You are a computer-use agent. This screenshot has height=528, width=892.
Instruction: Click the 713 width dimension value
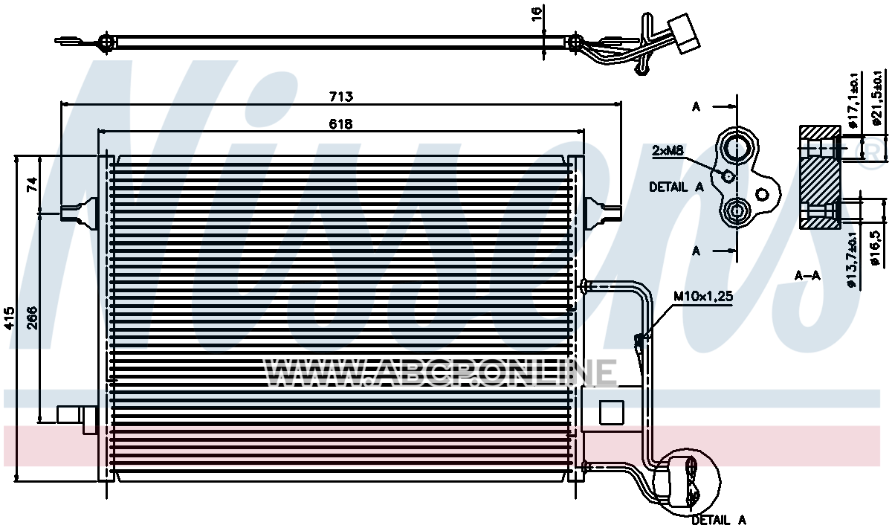(x=341, y=97)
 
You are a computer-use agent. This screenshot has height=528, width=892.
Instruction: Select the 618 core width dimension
(x=341, y=124)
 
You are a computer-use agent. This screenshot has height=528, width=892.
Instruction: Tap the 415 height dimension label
(x=9, y=318)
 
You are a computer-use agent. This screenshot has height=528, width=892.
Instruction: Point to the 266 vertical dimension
(x=32, y=318)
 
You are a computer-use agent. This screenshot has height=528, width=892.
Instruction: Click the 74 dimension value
(x=32, y=184)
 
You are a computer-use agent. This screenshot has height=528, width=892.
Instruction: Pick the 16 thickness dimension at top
(x=537, y=14)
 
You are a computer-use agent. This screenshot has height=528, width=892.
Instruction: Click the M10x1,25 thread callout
(x=703, y=296)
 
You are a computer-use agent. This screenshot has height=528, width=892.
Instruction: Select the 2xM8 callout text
(x=668, y=151)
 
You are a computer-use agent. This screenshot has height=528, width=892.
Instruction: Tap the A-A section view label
(x=807, y=275)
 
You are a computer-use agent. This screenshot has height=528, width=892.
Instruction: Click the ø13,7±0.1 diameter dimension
(x=851, y=260)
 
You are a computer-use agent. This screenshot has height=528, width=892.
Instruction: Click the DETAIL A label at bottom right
(x=719, y=520)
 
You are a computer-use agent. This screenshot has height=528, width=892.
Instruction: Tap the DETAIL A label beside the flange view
(x=676, y=187)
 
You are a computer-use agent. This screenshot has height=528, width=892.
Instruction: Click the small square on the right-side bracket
(x=612, y=413)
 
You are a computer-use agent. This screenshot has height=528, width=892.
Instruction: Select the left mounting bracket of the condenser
(x=80, y=213)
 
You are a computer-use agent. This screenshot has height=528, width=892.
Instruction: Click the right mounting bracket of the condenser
(x=603, y=213)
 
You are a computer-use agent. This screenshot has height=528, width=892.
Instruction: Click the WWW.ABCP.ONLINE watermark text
(x=440, y=373)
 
